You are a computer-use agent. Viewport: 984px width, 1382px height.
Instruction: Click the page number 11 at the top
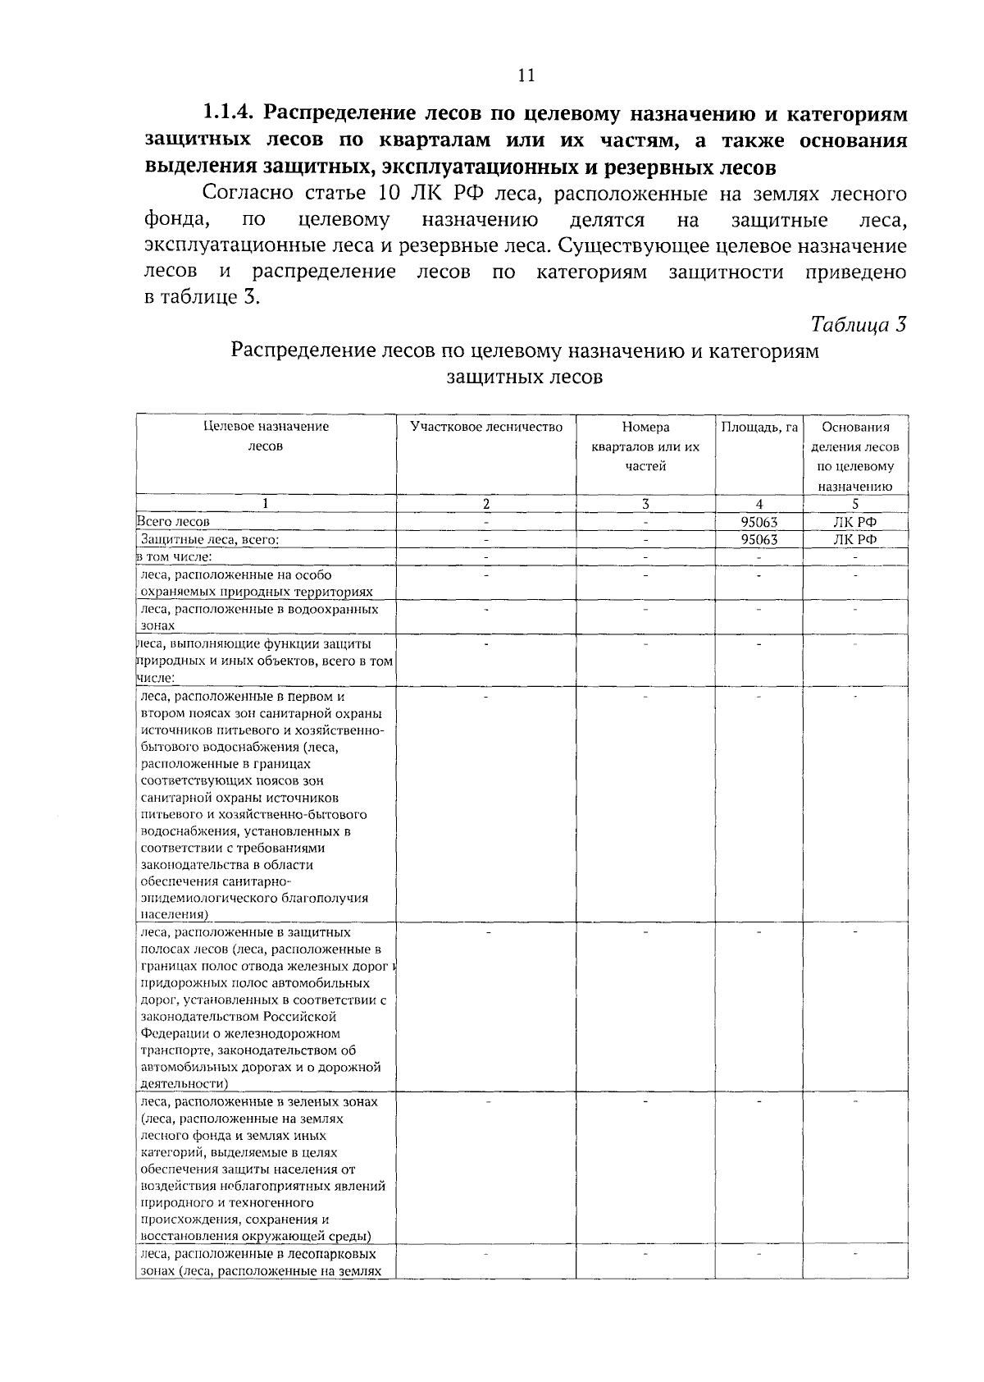[526, 75]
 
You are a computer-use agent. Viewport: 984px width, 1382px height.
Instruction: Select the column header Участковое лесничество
[486, 428]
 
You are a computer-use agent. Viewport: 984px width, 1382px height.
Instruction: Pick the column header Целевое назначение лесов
[266, 437]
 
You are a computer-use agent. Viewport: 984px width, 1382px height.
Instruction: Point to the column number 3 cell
[645, 504]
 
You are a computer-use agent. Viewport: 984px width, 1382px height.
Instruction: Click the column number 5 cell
[855, 504]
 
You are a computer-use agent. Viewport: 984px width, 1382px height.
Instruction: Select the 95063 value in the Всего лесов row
[758, 522]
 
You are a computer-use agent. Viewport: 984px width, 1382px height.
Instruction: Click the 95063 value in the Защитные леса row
[758, 540]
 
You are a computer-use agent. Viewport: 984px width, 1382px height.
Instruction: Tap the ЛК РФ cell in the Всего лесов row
[855, 522]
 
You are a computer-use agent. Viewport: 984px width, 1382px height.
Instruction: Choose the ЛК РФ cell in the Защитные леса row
[855, 540]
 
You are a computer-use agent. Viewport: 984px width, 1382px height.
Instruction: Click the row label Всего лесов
[173, 522]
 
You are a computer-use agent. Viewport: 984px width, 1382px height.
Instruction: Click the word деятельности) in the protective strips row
[183, 1084]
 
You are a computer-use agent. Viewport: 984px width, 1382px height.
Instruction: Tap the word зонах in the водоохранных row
[157, 626]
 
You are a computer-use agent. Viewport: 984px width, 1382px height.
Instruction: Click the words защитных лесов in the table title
[525, 378]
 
